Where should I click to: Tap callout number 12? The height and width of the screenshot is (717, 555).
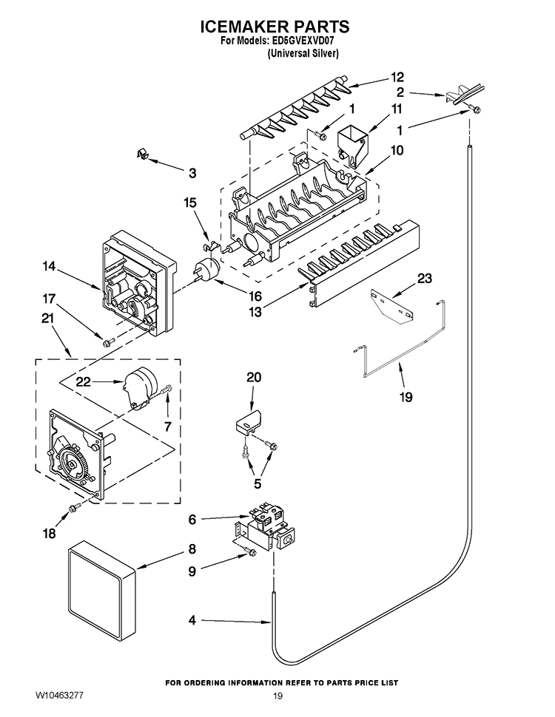(397, 76)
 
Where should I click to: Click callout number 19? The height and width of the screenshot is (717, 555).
(406, 397)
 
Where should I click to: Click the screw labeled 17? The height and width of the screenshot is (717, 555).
(109, 341)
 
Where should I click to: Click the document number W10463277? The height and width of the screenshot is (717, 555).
(62, 696)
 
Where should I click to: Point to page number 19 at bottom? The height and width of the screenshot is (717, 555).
(277, 696)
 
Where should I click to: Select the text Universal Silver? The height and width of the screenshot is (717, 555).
(303, 54)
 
